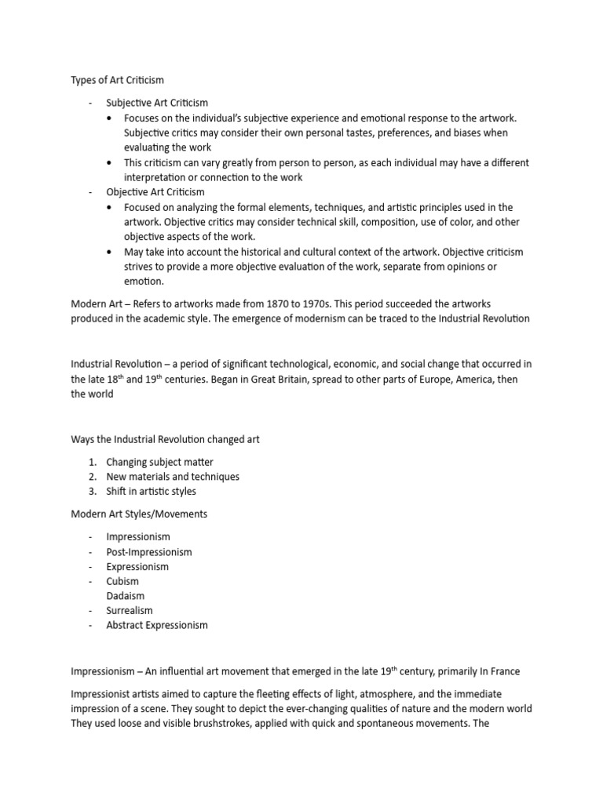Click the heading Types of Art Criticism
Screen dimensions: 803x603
pos(118,81)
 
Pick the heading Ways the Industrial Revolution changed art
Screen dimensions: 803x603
pos(165,439)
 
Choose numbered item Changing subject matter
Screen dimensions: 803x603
pos(159,462)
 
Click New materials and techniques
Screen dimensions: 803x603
pos(173,477)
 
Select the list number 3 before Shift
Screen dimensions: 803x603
pos(92,492)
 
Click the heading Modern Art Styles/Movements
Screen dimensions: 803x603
pos(138,514)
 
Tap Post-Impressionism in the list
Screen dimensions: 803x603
pos(149,551)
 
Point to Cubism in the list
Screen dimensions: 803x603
pos(122,581)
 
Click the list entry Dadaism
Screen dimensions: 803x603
pos(126,596)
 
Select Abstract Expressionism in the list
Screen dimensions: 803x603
pos(157,625)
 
